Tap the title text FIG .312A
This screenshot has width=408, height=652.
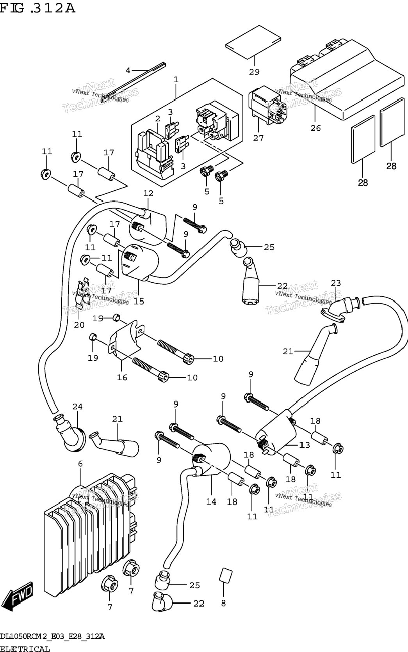click(37, 9)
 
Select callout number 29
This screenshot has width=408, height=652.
click(254, 72)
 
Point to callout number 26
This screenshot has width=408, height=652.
click(315, 128)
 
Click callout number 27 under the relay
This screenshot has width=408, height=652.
click(258, 138)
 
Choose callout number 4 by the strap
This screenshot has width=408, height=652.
click(128, 71)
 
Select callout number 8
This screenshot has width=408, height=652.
click(224, 603)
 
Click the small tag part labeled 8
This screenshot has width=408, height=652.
click(226, 575)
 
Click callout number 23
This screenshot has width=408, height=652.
click(336, 283)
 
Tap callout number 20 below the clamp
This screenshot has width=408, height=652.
click(79, 324)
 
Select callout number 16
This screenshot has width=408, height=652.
click(122, 377)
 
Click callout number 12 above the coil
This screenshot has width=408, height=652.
click(148, 193)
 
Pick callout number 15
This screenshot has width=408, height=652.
click(139, 301)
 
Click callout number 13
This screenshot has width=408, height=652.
click(305, 445)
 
